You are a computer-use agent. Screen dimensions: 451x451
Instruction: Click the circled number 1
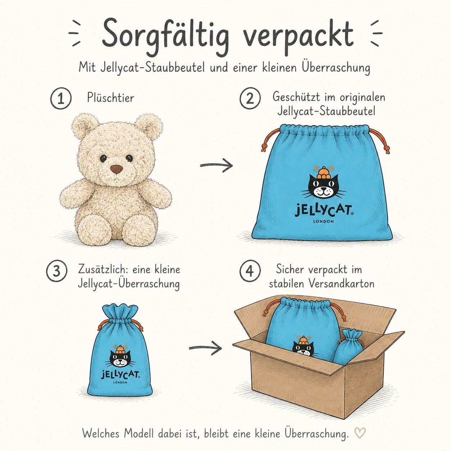61,99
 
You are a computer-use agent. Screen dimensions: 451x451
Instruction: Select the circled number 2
250,99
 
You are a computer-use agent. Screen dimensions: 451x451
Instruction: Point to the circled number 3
56,272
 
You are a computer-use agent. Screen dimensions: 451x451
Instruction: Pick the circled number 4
250,272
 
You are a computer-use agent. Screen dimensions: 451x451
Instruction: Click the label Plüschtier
110,97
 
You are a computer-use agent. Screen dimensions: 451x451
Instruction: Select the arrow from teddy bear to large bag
216,165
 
